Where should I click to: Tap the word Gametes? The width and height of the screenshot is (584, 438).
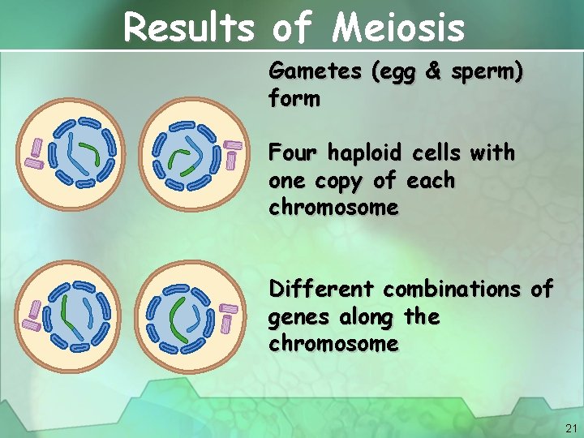pyautogui.click(x=315, y=72)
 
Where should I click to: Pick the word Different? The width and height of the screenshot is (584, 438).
pyautogui.click(x=322, y=289)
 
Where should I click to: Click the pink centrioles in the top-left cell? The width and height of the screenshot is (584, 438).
pyautogui.click(x=35, y=152)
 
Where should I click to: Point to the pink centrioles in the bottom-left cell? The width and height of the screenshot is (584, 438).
pyautogui.click(x=33, y=315)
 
